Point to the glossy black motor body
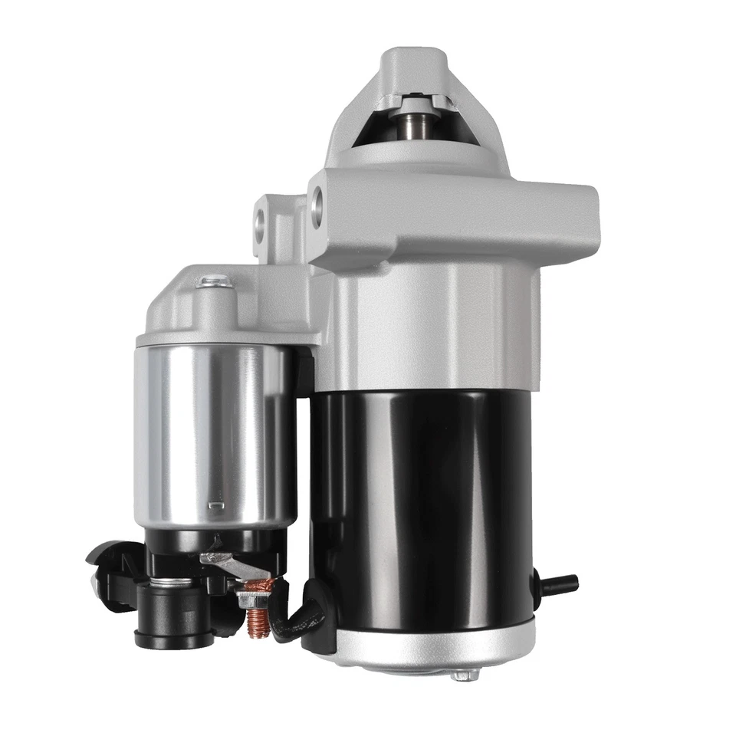[x=422, y=498]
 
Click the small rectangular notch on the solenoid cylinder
[x=216, y=506]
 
